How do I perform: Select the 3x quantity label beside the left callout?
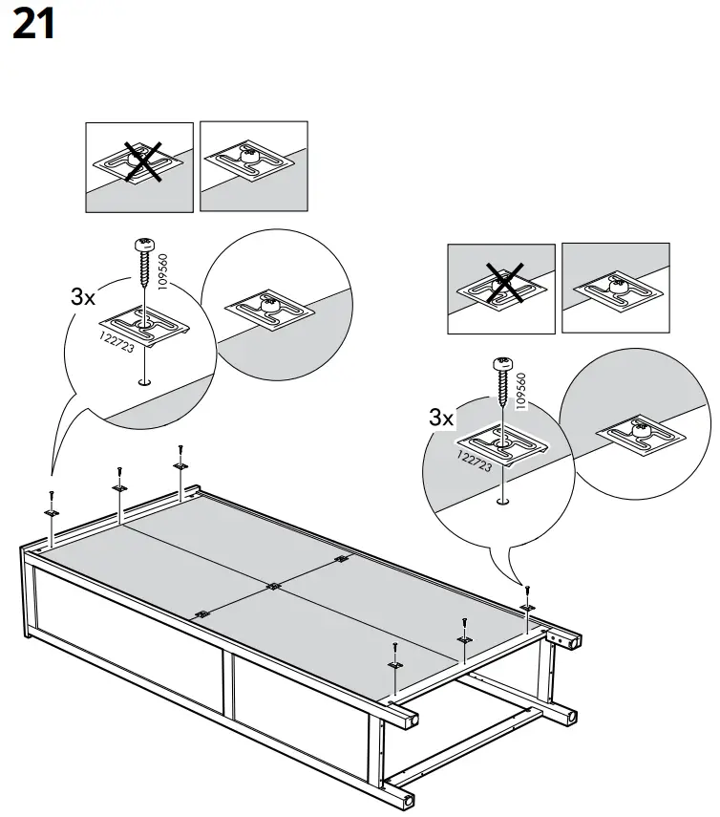point(84,297)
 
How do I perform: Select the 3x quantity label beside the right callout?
point(441,418)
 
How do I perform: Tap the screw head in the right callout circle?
point(502,363)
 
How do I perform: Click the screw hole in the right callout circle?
point(502,499)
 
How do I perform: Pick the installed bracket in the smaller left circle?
point(265,312)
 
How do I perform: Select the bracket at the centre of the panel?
point(274,585)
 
